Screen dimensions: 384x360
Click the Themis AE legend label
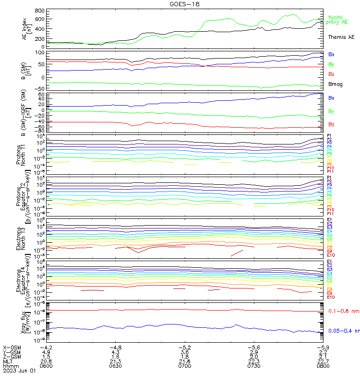point(341,37)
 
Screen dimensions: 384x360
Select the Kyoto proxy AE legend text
point(337,20)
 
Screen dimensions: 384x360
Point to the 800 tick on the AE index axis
point(40,11)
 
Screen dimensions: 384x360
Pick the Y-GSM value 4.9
point(46,351)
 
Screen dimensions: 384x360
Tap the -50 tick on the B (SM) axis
point(39,88)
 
